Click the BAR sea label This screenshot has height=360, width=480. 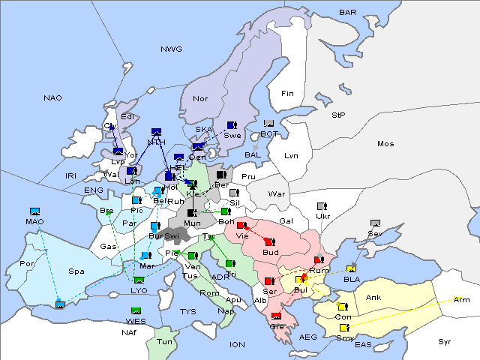347,13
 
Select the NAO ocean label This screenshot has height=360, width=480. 53,98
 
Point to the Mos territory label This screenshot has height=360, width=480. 385,143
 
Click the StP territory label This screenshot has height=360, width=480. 338,115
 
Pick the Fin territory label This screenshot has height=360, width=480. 287,94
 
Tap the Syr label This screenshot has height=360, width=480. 445,341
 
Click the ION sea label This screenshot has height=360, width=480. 237,344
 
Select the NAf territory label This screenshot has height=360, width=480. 130,331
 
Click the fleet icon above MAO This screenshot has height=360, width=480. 34,211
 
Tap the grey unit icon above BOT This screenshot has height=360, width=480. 268,124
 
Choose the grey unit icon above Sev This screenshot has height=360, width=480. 375,223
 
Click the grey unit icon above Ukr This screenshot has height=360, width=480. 322,206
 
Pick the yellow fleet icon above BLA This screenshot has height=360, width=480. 352,268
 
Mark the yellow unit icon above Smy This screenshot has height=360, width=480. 343,328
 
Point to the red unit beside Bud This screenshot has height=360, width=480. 269,241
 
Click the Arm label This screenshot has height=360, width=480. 462,300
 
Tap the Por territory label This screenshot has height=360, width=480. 28,264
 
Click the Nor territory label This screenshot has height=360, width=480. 200,99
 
